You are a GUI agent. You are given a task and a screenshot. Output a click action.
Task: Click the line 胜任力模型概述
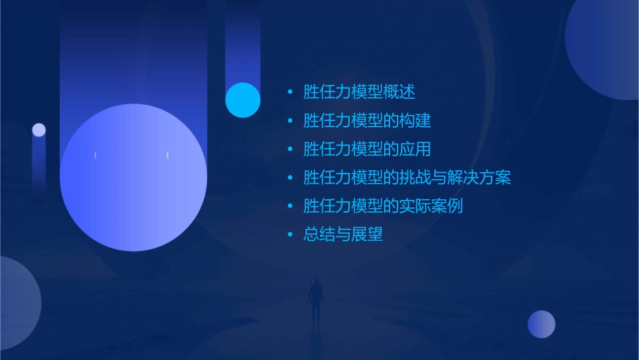[359, 92]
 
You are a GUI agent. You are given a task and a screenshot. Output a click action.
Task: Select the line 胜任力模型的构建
[367, 120]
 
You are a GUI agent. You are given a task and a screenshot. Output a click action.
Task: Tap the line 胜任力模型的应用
[367, 149]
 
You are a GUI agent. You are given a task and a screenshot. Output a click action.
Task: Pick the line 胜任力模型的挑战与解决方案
[407, 178]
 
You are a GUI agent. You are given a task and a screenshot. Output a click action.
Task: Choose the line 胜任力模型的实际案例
[383, 206]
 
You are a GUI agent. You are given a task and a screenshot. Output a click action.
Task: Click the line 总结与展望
[343, 235]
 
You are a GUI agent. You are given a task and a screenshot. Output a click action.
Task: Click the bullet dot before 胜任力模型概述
[290, 92]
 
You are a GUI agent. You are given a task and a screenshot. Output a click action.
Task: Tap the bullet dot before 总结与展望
[290, 235]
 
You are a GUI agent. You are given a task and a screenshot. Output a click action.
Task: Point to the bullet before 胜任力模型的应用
[290, 149]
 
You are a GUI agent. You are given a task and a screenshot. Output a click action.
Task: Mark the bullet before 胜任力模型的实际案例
[290, 207]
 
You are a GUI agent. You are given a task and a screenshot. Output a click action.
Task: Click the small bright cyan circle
[243, 100]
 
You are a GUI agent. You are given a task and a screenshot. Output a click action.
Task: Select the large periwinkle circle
[133, 178]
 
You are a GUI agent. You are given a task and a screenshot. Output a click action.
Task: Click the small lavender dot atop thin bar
[39, 130]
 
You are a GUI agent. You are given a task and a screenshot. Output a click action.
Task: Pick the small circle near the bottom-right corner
[541, 324]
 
